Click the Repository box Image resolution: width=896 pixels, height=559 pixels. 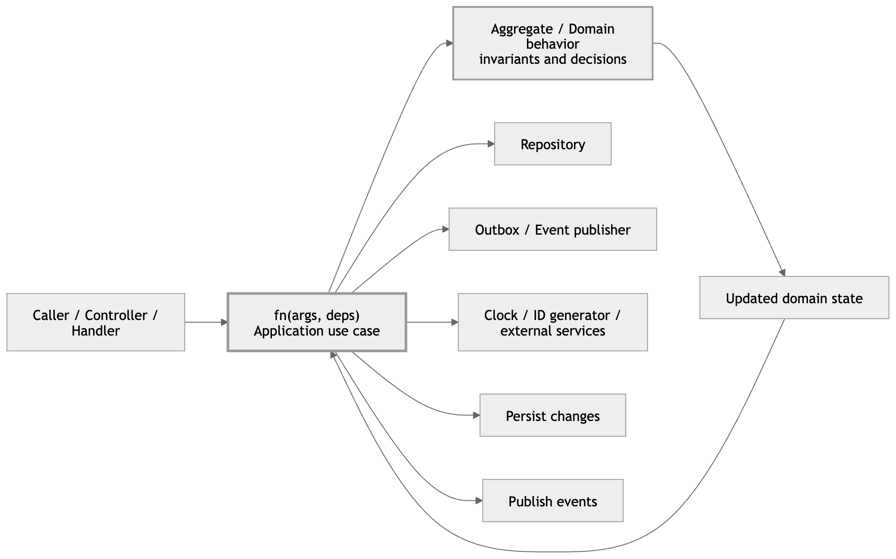point(552,144)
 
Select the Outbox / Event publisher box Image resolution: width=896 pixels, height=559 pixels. point(552,229)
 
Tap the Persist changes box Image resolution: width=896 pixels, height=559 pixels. point(552,415)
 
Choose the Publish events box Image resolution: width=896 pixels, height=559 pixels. point(552,501)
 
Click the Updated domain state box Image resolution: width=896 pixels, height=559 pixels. point(794,298)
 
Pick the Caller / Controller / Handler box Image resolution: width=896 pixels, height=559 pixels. point(95,323)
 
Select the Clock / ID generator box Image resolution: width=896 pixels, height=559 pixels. point(552,323)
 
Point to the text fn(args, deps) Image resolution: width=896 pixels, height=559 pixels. point(316,315)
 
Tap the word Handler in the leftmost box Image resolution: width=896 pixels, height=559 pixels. point(95,331)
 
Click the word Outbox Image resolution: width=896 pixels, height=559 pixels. point(497,230)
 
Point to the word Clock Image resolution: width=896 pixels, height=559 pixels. point(500,315)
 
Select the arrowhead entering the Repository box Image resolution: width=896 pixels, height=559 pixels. point(491,144)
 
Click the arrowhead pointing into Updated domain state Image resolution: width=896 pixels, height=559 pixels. point(782,273)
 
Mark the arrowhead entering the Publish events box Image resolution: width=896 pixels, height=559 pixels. point(479,501)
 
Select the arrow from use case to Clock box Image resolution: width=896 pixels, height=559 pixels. point(432,322)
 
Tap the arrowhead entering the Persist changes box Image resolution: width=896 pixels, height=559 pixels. point(476,415)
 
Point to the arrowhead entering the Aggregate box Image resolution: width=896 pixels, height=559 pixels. point(449,43)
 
